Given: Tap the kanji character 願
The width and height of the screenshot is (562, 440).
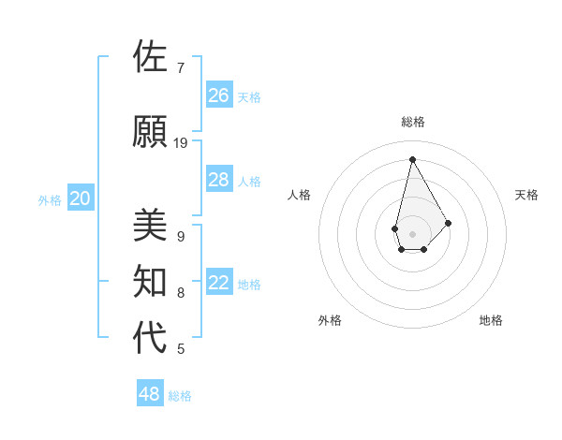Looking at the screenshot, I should pos(150,131).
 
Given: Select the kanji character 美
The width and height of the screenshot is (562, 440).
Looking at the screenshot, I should pos(150,226).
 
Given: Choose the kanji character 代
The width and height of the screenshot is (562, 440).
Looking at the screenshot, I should pos(150,338).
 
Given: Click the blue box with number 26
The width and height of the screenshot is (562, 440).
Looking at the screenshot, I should pos(219,95).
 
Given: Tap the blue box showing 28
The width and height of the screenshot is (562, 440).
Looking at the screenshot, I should pos(219,180).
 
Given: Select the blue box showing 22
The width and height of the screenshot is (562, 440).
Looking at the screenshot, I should pos(219,284).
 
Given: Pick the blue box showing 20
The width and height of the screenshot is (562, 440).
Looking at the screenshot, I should pos(81,198).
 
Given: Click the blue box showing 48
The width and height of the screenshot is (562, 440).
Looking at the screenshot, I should pos(150,394).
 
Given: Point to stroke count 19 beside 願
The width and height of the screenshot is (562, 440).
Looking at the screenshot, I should pos(181,143).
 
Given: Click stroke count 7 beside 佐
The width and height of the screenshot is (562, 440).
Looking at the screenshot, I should pos(181,67).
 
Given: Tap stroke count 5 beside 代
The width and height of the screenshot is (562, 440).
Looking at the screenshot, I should pos(181,349).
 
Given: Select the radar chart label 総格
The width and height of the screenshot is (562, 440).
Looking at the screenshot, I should pos(412,122).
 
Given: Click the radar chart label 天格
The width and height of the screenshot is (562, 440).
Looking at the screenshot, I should pos(526,195).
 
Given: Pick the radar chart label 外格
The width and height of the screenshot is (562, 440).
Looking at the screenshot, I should pos(330,320).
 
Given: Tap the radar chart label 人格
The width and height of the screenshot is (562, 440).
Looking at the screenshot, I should pos(299,195).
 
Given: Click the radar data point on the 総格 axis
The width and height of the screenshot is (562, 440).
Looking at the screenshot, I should pos(412,159).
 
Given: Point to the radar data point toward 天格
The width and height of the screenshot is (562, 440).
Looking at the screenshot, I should pos(448,223).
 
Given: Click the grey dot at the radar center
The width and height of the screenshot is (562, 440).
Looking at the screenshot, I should pos(412,233).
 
